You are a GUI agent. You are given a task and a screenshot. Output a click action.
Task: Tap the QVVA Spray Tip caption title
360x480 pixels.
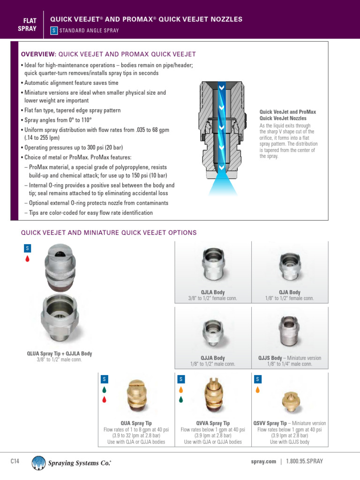coord(213,423)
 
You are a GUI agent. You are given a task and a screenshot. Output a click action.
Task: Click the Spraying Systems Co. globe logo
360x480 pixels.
coord(38,462)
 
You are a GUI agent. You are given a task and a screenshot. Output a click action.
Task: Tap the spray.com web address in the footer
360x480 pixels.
coord(263,461)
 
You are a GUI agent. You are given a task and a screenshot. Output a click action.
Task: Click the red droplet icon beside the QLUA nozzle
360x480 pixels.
coord(28,258)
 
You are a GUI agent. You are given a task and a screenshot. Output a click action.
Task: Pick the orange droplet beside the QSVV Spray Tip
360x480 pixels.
coord(257,390)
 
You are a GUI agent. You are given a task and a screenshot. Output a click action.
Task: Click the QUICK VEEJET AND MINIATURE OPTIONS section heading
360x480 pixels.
coord(109,232)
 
